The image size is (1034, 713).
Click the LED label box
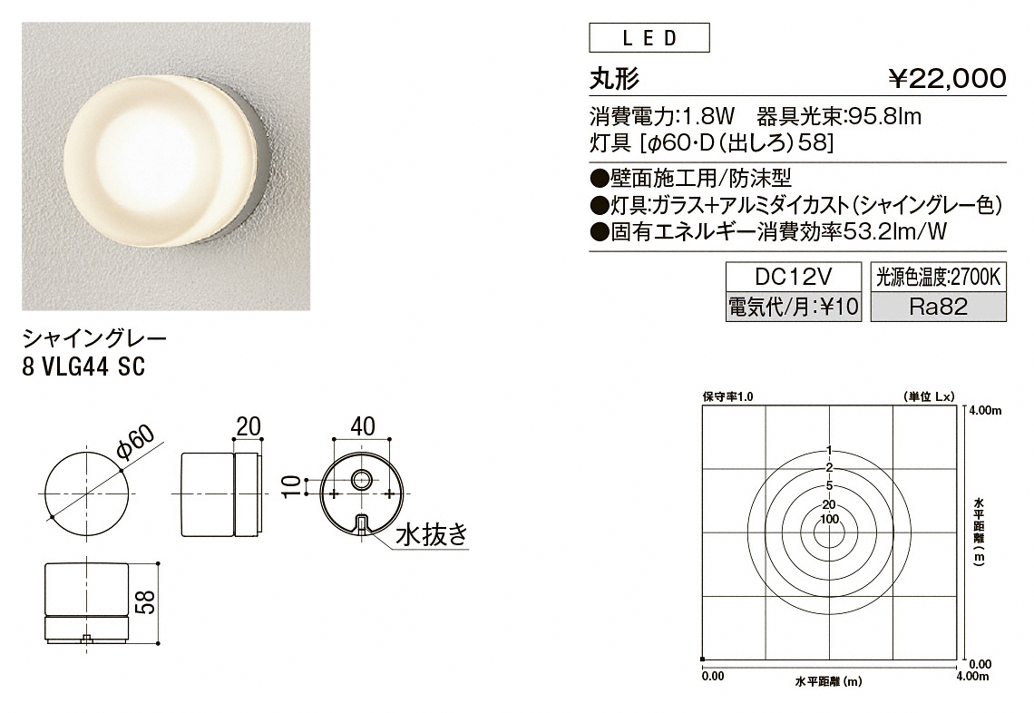click(649, 37)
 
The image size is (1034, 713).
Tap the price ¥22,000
click(947, 79)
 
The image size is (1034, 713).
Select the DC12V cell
click(794, 277)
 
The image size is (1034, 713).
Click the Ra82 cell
click(939, 306)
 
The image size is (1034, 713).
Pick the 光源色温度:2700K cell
click(939, 277)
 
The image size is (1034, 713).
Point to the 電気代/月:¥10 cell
click(794, 306)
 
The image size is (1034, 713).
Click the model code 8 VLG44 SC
click(83, 366)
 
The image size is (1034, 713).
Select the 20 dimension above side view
click(249, 426)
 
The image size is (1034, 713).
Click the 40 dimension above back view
click(363, 426)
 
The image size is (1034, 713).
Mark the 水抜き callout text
click(431, 533)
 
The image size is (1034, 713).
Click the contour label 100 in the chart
click(830, 519)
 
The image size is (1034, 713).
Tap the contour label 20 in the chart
click(830, 504)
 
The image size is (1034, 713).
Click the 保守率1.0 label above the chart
click(727, 396)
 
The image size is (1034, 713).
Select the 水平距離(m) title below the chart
click(828, 681)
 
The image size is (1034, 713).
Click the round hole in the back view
click(361, 480)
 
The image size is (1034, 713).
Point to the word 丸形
click(614, 80)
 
